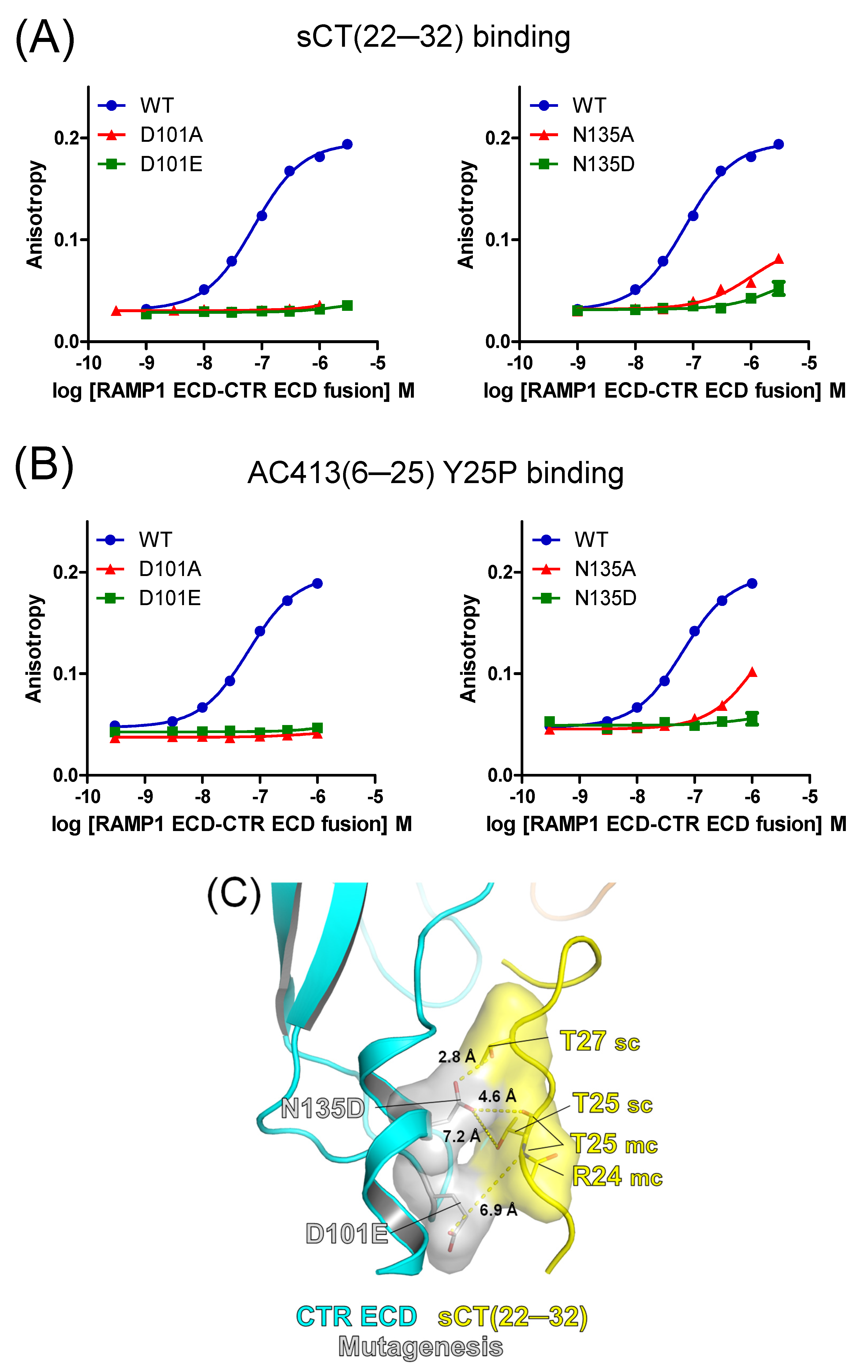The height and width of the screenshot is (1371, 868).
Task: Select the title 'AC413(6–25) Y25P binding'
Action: coord(435,473)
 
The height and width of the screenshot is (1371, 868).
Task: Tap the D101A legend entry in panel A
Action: coord(171,135)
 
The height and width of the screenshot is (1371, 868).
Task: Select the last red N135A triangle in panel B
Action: coord(752,672)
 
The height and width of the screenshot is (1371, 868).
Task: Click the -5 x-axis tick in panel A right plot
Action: coord(809,363)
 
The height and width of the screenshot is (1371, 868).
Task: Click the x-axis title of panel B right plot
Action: coord(666,824)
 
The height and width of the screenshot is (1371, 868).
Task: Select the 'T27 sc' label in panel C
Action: coord(600,1041)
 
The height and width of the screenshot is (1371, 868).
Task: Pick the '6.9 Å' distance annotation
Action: coord(498,1210)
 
